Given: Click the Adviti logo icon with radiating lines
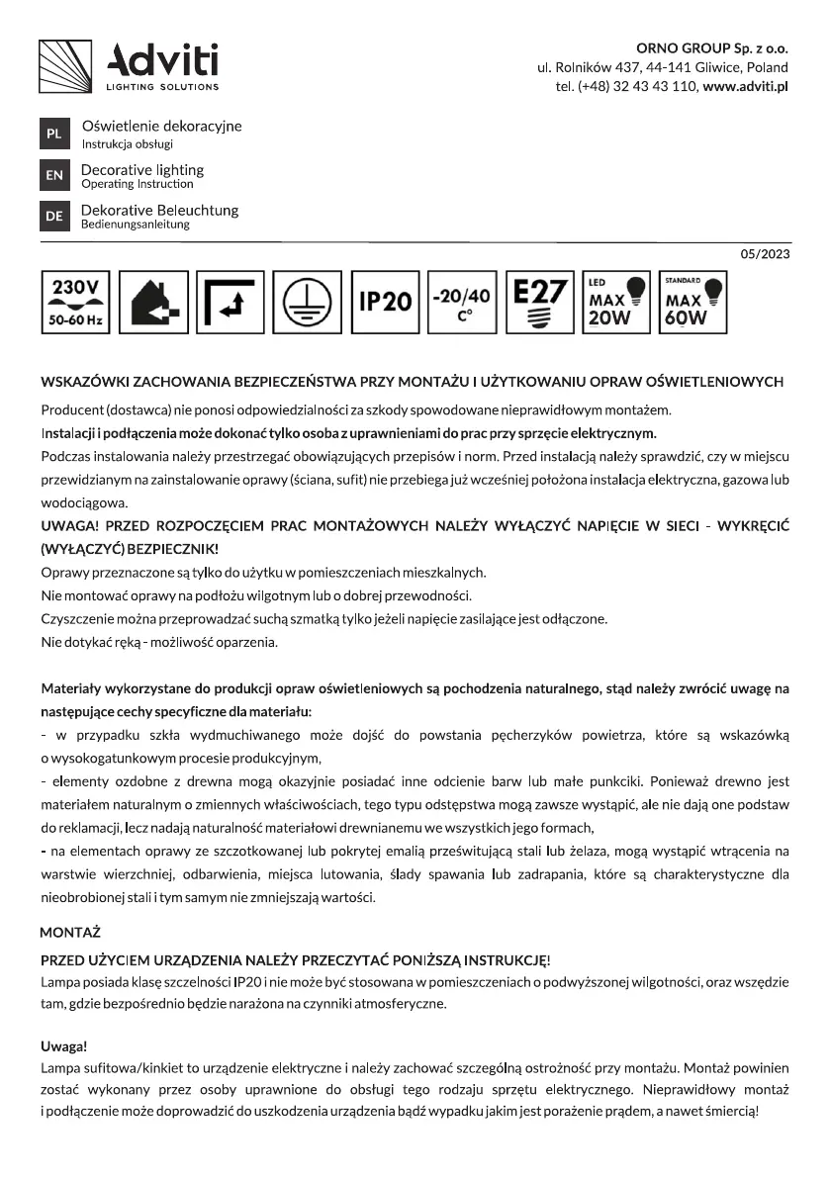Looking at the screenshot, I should (65, 65).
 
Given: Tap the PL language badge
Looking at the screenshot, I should (53, 134).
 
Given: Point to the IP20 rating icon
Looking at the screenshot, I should (384, 302).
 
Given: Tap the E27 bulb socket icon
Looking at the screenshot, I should (538, 302).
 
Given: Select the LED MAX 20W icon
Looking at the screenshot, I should (615, 302).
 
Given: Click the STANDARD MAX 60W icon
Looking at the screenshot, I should (692, 302).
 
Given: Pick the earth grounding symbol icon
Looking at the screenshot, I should (307, 302).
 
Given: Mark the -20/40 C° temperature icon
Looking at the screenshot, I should (461, 302).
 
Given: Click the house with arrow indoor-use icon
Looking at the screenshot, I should (152, 302).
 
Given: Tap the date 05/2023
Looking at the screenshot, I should (765, 254).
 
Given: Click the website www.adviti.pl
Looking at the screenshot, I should (745, 87).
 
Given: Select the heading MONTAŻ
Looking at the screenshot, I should (70, 932).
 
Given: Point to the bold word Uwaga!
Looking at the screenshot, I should (64, 1046).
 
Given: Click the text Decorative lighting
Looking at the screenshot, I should (142, 170).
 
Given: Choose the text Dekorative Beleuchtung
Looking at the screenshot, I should (159, 211).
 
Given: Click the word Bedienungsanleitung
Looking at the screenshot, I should (136, 225).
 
